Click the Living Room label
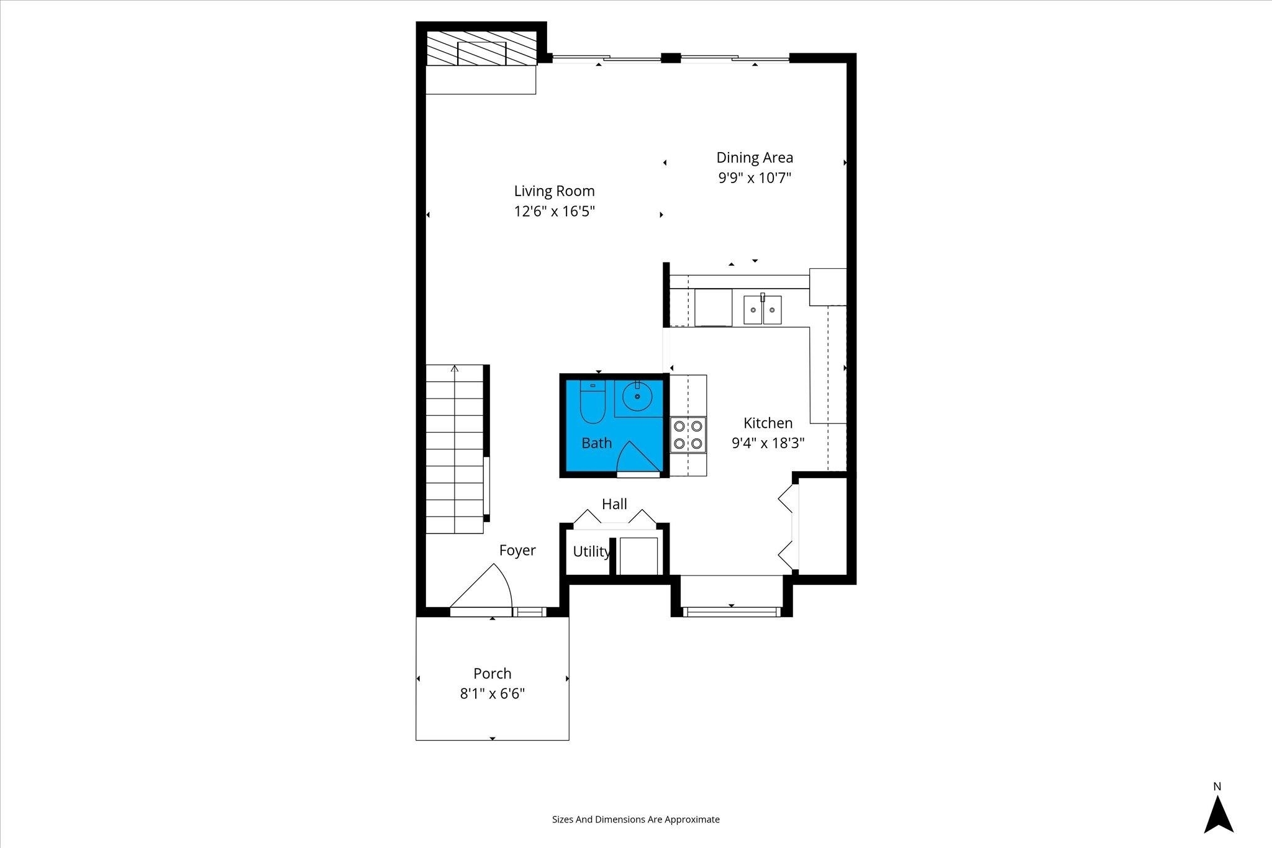(554, 191)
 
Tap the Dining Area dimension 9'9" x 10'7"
(755, 178)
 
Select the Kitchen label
(768, 423)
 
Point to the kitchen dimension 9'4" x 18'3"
(768, 443)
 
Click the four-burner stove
(688, 435)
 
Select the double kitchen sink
(763, 310)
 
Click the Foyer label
(517, 550)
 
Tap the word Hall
(614, 504)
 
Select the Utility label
(591, 551)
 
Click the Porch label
(493, 674)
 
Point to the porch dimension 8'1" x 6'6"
(493, 693)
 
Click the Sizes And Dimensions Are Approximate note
(636, 819)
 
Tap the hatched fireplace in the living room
(481, 48)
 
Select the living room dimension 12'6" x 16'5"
(554, 211)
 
